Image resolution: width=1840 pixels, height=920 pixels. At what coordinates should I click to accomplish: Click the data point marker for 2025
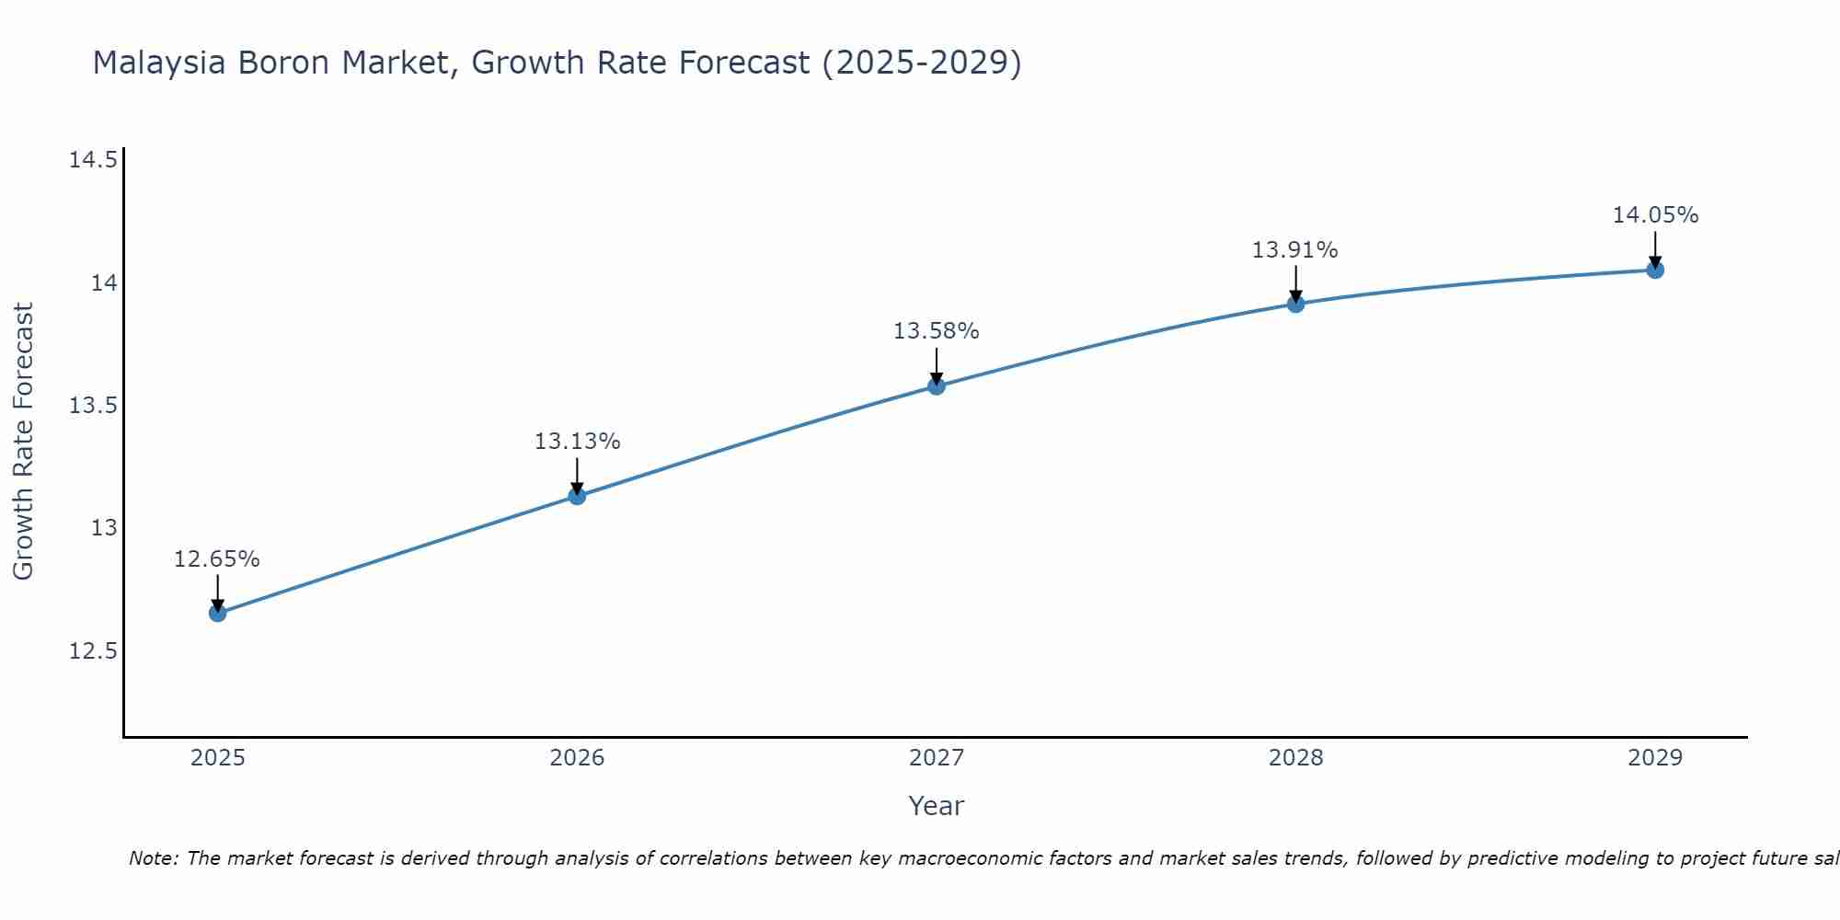click(x=218, y=613)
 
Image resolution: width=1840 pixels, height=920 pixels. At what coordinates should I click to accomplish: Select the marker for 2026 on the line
click(x=577, y=496)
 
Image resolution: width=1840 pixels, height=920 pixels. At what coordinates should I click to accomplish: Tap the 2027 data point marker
click(x=937, y=385)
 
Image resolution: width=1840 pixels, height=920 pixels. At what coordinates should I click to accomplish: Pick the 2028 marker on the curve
click(x=1295, y=304)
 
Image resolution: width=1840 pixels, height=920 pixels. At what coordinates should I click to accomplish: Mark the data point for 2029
click(x=1655, y=270)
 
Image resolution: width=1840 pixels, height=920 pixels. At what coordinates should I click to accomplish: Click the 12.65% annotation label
click(x=217, y=559)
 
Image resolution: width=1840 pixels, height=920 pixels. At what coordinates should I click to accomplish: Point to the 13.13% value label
click(x=577, y=442)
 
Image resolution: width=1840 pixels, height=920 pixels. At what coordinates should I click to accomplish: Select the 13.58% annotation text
click(x=936, y=331)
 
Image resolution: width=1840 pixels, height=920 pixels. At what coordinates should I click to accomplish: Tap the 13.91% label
click(x=1294, y=250)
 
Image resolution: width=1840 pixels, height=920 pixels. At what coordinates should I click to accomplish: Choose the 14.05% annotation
click(x=1655, y=215)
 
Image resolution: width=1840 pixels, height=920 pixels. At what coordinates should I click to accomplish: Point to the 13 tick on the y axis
click(x=104, y=528)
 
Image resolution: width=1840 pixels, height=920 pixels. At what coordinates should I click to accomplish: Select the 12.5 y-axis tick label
click(x=93, y=651)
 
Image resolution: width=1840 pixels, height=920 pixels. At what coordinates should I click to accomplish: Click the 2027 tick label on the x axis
click(x=937, y=758)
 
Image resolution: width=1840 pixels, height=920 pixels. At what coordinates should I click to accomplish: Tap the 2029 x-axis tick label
click(x=1655, y=758)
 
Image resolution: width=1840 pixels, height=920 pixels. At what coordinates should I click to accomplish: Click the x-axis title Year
click(x=936, y=806)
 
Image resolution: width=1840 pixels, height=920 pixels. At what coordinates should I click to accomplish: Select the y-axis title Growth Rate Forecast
click(x=23, y=442)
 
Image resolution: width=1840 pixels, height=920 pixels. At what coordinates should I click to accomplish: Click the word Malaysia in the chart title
click(x=158, y=63)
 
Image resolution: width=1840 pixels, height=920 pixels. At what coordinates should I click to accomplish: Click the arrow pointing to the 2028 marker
click(x=1295, y=283)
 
